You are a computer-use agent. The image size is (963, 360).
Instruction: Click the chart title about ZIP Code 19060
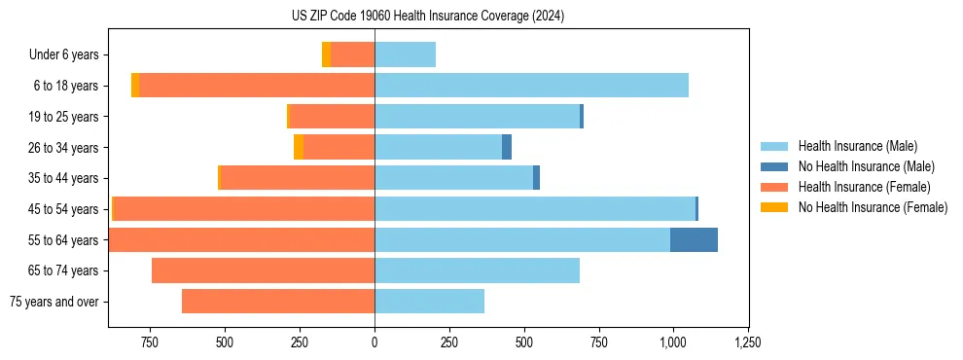click(428, 17)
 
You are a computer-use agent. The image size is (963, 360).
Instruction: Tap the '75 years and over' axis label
click(54, 302)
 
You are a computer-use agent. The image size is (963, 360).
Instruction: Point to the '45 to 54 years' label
click(64, 209)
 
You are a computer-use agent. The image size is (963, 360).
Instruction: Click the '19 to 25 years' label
click(64, 117)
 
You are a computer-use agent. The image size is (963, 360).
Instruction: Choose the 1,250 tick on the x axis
click(748, 342)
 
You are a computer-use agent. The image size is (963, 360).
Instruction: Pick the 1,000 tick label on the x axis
click(673, 342)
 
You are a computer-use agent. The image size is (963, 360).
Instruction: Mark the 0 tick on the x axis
click(374, 342)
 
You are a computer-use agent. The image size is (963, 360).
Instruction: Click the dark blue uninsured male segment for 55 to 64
click(694, 239)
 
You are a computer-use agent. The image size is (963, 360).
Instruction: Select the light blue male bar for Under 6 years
click(405, 54)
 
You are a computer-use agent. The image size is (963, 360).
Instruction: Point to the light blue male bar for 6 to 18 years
click(531, 86)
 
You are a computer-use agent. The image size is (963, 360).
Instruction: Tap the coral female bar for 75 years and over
click(278, 302)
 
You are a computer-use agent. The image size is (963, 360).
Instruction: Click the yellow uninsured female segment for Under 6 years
click(326, 54)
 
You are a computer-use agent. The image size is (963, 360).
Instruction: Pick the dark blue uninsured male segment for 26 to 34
click(507, 147)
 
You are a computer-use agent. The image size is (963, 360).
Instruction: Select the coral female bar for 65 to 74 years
click(263, 270)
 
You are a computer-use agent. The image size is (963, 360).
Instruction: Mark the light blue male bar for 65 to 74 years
click(477, 270)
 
